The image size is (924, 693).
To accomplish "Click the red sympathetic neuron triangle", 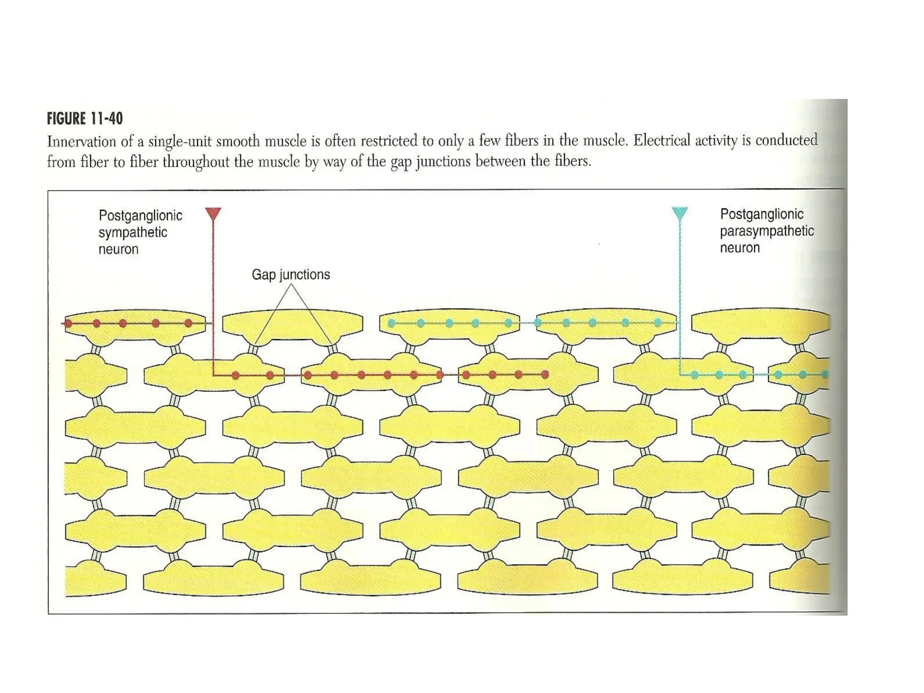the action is [213, 213].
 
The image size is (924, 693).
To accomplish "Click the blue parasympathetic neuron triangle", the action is [679, 213].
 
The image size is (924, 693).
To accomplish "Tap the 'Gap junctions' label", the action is [291, 274].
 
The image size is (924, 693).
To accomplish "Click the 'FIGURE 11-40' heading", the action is [85, 119].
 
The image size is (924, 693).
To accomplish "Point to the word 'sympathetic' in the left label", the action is [133, 232].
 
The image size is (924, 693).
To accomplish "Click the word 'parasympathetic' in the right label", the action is [767, 231].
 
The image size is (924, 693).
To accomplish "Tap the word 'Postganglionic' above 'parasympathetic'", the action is [762, 214].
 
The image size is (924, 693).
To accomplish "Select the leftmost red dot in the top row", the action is [69, 323].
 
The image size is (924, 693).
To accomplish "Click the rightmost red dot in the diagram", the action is [545, 374].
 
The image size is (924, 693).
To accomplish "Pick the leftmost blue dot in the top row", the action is [392, 323].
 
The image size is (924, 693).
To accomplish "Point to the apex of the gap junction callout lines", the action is [291, 285].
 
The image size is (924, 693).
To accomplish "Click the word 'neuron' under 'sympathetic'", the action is [118, 249].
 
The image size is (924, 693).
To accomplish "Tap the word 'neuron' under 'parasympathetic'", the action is [739, 248].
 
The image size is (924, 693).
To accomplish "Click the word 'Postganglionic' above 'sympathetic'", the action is [140, 215].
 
